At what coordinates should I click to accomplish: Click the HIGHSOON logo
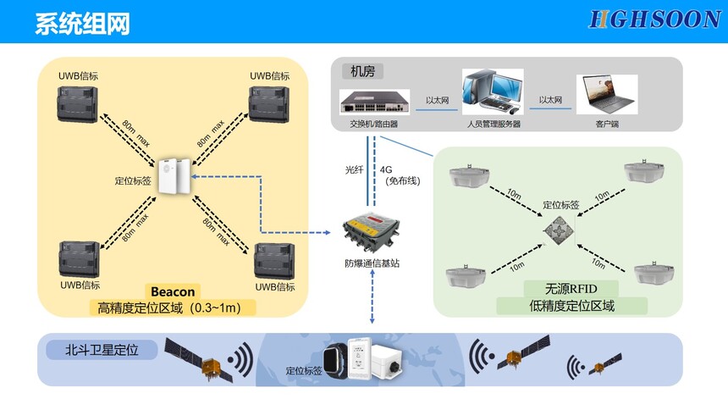tap(654, 20)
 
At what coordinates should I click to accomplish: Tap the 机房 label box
tap(362, 71)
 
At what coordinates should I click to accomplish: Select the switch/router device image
tap(374, 102)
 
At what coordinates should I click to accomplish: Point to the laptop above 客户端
tap(607, 93)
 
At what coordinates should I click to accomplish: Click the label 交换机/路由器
tap(373, 124)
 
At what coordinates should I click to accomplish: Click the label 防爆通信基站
tap(372, 263)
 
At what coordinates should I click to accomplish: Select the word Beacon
tap(173, 291)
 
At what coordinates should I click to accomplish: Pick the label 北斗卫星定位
tap(102, 348)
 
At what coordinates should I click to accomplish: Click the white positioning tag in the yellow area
tap(176, 178)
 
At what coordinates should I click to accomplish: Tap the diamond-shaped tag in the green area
tap(560, 230)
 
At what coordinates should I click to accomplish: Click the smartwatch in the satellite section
tap(338, 360)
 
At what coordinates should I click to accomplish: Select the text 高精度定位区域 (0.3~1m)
tap(169, 307)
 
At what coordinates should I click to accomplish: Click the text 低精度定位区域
tap(572, 305)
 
